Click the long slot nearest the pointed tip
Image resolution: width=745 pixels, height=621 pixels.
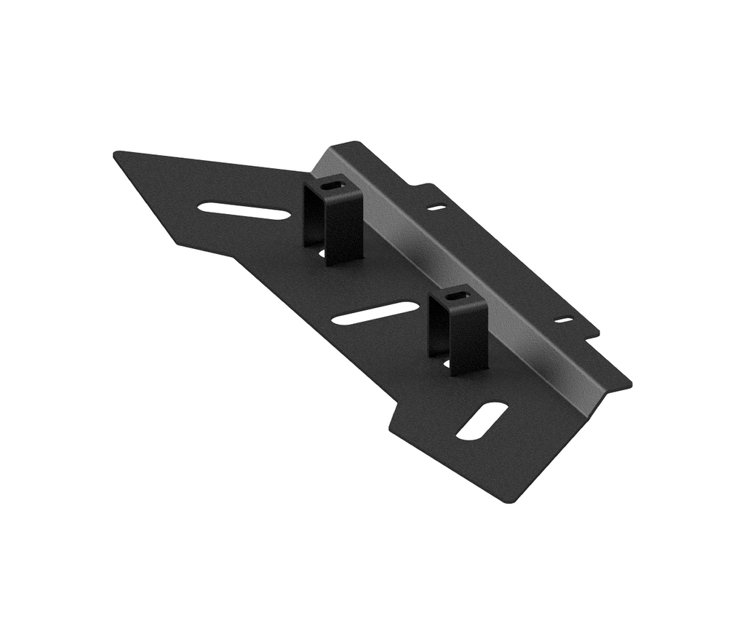coord(244,211)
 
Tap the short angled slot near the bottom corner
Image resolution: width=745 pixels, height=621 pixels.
coord(482,421)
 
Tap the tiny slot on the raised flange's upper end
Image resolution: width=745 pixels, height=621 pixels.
coord(437,207)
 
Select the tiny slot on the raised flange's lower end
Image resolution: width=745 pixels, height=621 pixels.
coord(564,319)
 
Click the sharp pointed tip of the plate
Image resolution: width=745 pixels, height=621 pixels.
coord(116,154)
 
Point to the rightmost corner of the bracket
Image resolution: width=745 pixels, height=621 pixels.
coord(629,383)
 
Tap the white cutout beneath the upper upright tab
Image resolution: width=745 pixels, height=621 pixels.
coord(322,253)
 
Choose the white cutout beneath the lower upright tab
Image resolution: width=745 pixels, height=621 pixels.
coord(446,361)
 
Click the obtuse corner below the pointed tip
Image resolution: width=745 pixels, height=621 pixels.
coord(177,242)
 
